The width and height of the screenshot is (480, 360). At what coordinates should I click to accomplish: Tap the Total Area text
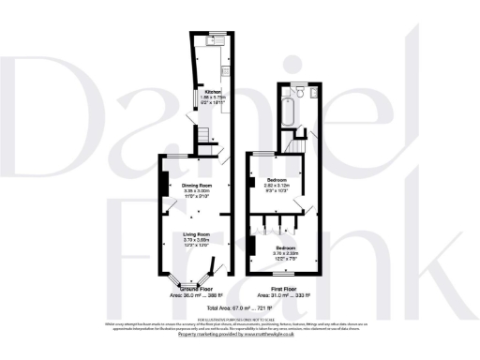pos(240,307)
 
